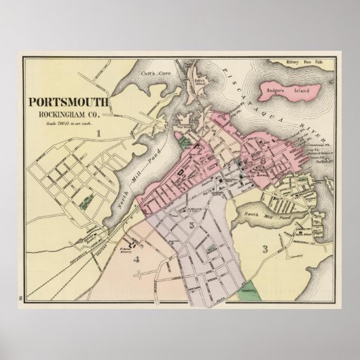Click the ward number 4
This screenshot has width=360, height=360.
click(x=136, y=259)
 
